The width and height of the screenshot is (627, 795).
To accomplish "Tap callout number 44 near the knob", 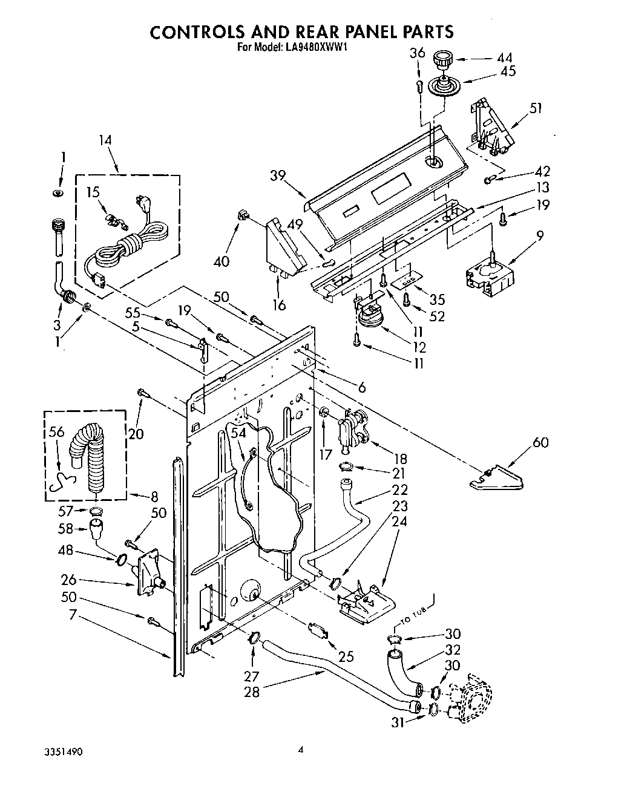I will click(x=504, y=58).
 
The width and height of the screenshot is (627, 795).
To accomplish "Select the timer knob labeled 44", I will click(x=444, y=61).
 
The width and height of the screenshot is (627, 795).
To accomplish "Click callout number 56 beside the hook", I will click(x=56, y=431).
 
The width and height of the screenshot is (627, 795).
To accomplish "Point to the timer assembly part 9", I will click(x=490, y=275).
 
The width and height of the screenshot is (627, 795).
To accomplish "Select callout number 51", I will click(x=535, y=108).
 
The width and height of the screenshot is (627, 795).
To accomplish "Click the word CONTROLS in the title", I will click(x=193, y=32).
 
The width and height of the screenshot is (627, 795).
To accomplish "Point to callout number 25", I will click(x=346, y=656).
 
